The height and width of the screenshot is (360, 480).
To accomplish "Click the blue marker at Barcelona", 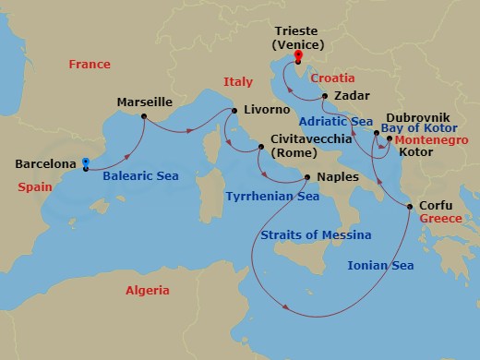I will pyautogui.click(x=85, y=164).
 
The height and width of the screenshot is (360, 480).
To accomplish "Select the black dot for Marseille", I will pyautogui.click(x=144, y=115).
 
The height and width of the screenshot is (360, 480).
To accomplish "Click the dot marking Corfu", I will pyautogui.click(x=410, y=208).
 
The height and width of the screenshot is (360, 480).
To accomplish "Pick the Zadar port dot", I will pyautogui.click(x=325, y=95).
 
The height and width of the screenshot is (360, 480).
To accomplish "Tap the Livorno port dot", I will pyautogui.click(x=234, y=112).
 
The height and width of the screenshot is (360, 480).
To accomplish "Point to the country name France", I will pyautogui.click(x=90, y=65).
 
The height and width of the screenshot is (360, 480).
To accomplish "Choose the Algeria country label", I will pyautogui.click(x=148, y=291).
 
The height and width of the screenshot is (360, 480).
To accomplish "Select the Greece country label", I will pyautogui.click(x=439, y=220).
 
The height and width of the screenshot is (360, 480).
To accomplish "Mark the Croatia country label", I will pyautogui.click(x=332, y=79).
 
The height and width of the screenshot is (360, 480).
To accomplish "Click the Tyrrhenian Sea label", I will pyautogui.click(x=272, y=197).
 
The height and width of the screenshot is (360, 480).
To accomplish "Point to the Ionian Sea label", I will pyautogui.click(x=380, y=266).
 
